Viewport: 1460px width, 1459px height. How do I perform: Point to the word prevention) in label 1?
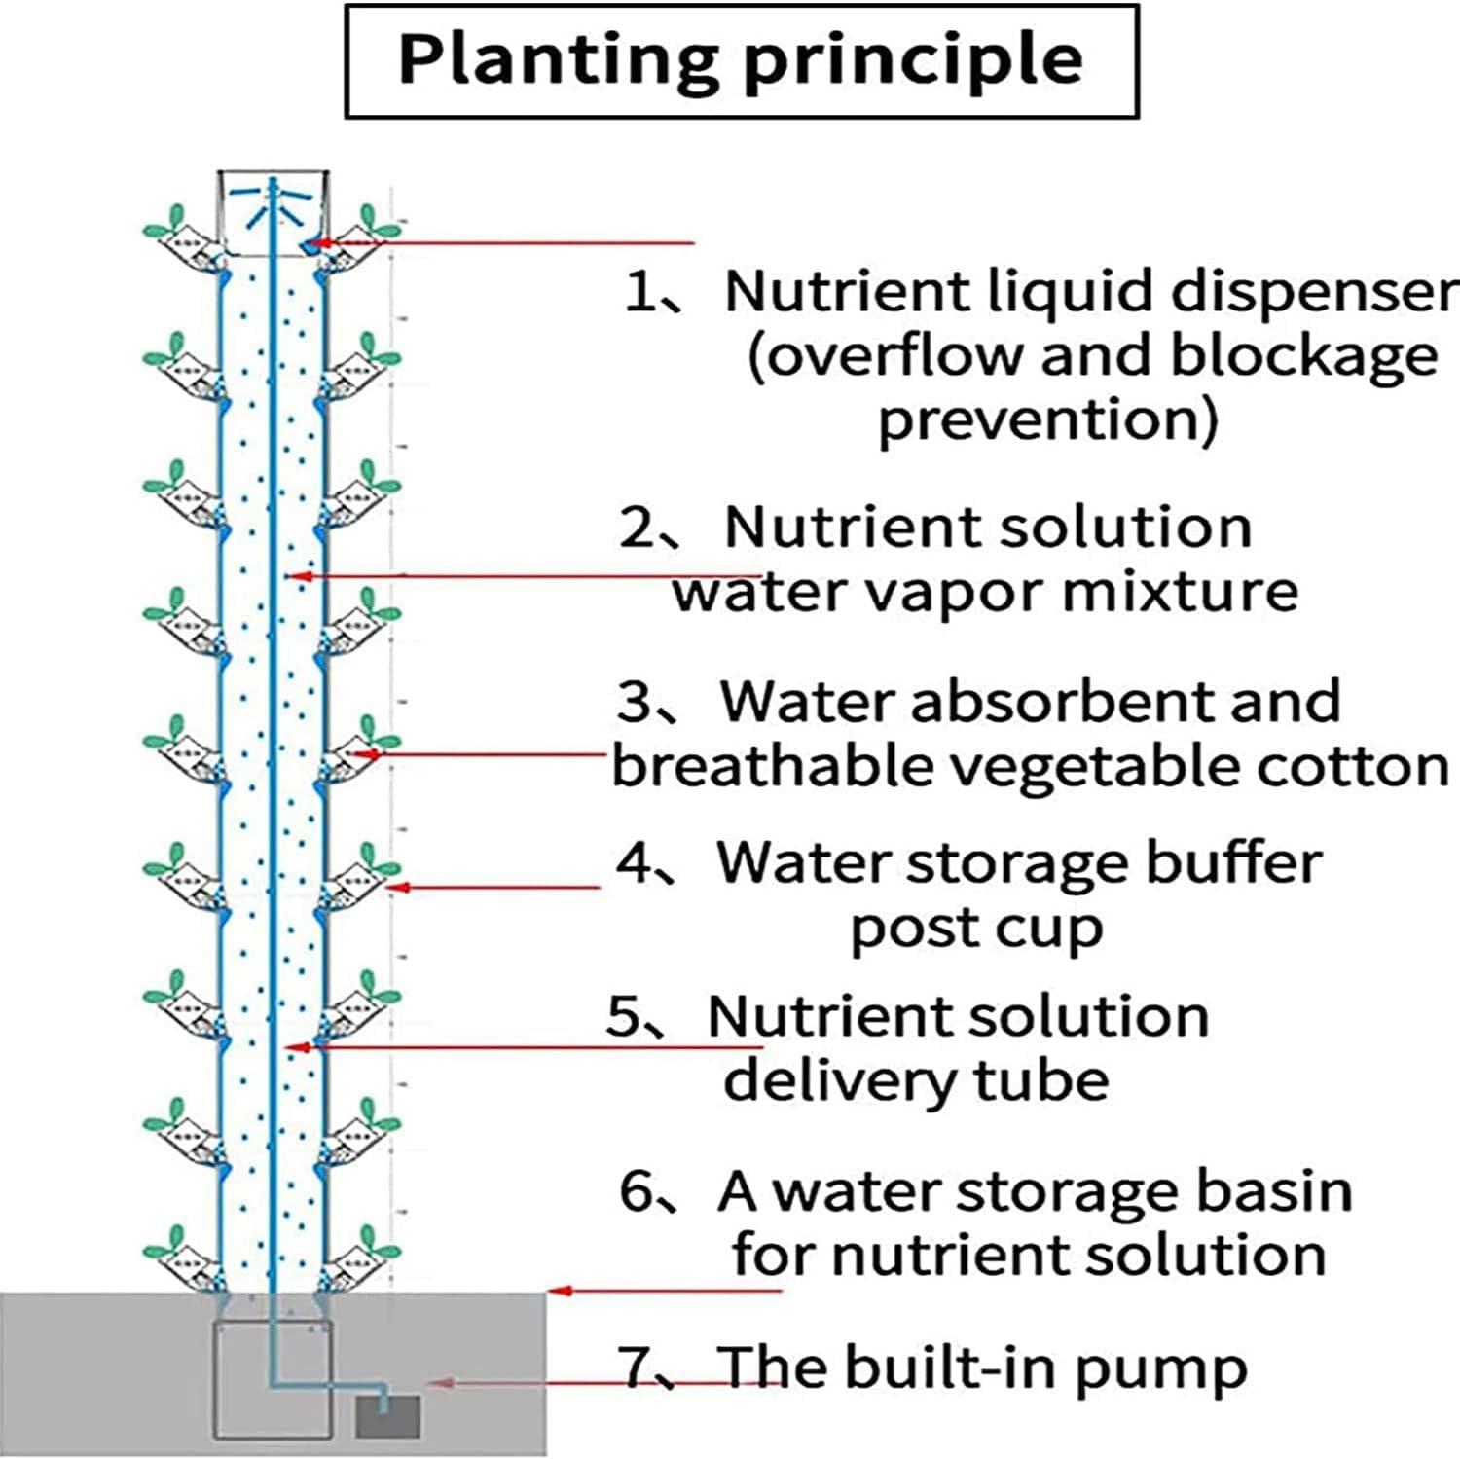1047,420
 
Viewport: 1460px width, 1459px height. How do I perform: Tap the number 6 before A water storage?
638,1190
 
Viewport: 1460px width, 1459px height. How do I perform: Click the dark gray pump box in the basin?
387,1416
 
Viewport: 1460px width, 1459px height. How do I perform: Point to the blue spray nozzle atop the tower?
273,199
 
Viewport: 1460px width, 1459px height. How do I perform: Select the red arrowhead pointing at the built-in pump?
438,1383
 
